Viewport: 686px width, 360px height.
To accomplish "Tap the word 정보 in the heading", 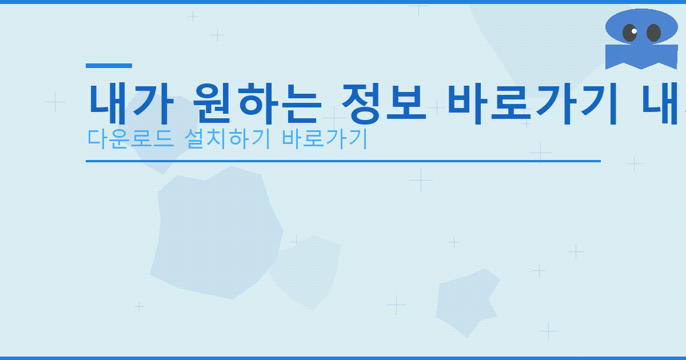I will pos(384,103).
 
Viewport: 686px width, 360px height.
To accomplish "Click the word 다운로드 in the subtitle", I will pos(131,138).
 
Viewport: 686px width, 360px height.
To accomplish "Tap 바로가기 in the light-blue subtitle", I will pos(324,138).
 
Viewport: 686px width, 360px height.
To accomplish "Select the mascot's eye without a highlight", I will pos(653,33).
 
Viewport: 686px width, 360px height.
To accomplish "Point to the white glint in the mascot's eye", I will pos(634,31).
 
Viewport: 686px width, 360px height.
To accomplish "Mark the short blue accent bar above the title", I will pos(109,66).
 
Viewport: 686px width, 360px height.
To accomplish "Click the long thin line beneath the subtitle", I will pos(343,161).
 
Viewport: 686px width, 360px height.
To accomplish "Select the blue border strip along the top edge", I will pos(343,2).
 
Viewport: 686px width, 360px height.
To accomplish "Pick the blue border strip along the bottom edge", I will pos(343,358).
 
